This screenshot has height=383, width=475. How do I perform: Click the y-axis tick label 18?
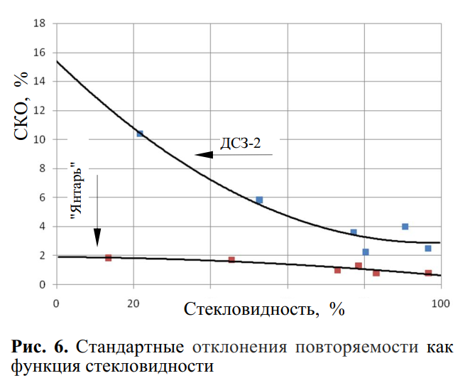pos(39,23)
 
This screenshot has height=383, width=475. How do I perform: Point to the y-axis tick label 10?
pos(39,139)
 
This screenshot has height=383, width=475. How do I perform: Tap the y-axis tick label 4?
pos(42,227)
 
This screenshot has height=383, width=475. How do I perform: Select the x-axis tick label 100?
pos(441,303)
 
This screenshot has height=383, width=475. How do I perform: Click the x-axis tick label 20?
pos(133,303)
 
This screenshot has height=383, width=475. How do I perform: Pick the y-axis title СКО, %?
pos(21,106)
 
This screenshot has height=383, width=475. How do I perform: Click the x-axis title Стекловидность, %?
pos(264,310)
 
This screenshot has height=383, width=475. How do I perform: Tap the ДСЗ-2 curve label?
pos(240,143)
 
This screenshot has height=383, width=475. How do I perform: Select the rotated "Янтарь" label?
pos(77,190)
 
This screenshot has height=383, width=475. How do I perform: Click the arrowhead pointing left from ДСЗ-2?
pos(204,155)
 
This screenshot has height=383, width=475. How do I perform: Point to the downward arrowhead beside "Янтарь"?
pos(97,237)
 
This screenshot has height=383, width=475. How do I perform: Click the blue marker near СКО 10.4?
pos(140,134)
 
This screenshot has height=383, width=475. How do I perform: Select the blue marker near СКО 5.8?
pos(259,200)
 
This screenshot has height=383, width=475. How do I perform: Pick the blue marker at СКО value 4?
pos(405,227)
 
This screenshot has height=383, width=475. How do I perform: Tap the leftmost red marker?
pos(108,258)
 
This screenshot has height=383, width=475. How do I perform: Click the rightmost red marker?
pos(428,273)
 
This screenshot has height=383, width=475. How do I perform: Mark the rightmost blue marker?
pos(428,249)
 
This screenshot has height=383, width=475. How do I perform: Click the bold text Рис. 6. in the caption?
pos(40,347)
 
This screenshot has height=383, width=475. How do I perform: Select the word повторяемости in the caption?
pos(356,347)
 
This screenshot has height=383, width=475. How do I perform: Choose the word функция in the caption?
pos(45,367)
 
